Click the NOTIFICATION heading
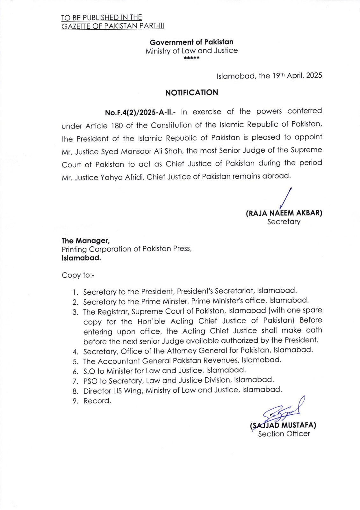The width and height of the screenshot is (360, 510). (x=191, y=93)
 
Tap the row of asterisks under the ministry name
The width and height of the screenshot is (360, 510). (x=192, y=58)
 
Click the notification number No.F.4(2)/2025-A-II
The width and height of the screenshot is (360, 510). (x=140, y=113)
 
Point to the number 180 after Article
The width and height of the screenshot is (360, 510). (x=117, y=126)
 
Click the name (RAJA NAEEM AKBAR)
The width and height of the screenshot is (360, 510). (x=284, y=213)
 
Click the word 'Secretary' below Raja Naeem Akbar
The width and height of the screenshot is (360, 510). (x=284, y=222)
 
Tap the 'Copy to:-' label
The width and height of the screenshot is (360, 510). (x=78, y=275)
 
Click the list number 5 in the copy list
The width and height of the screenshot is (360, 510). (x=75, y=362)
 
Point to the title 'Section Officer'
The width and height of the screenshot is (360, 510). (x=284, y=434)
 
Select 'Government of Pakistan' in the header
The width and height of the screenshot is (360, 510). (x=191, y=42)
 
